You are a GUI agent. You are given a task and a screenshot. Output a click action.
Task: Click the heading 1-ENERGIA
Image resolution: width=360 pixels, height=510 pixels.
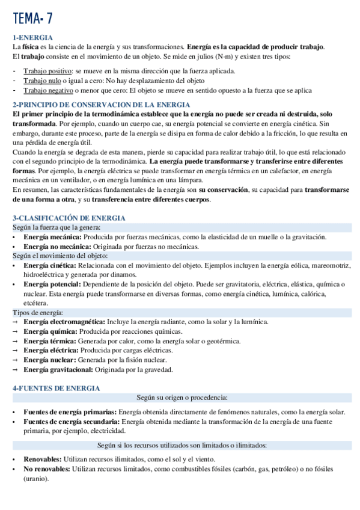pyautogui.click(x=32, y=37)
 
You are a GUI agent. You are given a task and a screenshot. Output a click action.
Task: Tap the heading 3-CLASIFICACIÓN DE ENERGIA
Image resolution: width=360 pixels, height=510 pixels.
pyautogui.click(x=69, y=218)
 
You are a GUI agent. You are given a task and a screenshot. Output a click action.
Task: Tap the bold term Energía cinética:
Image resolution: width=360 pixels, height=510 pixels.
pyautogui.click(x=50, y=265)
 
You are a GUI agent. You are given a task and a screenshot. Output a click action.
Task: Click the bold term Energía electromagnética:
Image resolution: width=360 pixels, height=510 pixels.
pyautogui.click(x=64, y=322)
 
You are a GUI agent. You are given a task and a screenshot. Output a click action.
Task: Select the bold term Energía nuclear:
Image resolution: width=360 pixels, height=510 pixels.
pyautogui.click(x=50, y=360)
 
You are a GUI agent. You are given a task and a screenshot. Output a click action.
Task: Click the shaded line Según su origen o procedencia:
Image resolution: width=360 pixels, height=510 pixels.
pyautogui.click(x=182, y=398)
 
